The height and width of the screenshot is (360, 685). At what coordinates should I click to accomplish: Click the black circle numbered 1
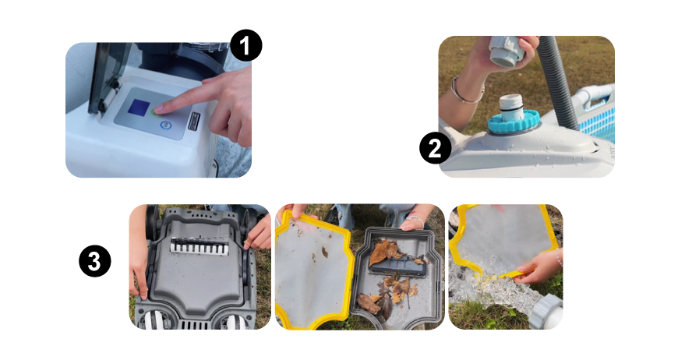[x=246, y=45]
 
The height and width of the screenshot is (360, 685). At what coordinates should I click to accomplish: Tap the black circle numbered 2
[x=435, y=149]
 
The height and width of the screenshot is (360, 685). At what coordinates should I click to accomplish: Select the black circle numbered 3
[x=95, y=261]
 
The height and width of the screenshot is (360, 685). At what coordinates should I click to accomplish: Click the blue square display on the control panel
[x=139, y=108]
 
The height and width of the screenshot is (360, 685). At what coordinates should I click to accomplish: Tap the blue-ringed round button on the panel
[x=165, y=125]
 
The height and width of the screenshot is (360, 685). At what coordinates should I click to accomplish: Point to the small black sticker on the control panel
[x=193, y=121]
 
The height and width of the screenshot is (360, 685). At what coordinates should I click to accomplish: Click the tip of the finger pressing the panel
[x=157, y=109]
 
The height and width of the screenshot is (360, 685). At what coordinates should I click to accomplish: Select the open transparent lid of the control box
[x=107, y=78]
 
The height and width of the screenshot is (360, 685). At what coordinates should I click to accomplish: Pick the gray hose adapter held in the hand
[x=506, y=50]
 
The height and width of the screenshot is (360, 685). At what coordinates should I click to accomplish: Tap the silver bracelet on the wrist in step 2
[x=467, y=92]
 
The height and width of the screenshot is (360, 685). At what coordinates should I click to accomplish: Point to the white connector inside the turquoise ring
[x=511, y=107]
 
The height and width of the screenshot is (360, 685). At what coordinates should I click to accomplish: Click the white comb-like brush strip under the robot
[x=199, y=247]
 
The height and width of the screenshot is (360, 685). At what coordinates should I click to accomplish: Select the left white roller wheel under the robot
[x=151, y=319]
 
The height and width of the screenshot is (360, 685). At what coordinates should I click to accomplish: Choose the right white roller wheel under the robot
[x=237, y=321]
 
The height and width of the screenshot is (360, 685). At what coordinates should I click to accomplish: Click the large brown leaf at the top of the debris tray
[x=384, y=252]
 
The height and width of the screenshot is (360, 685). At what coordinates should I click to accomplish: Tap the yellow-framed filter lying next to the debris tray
[x=313, y=270]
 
